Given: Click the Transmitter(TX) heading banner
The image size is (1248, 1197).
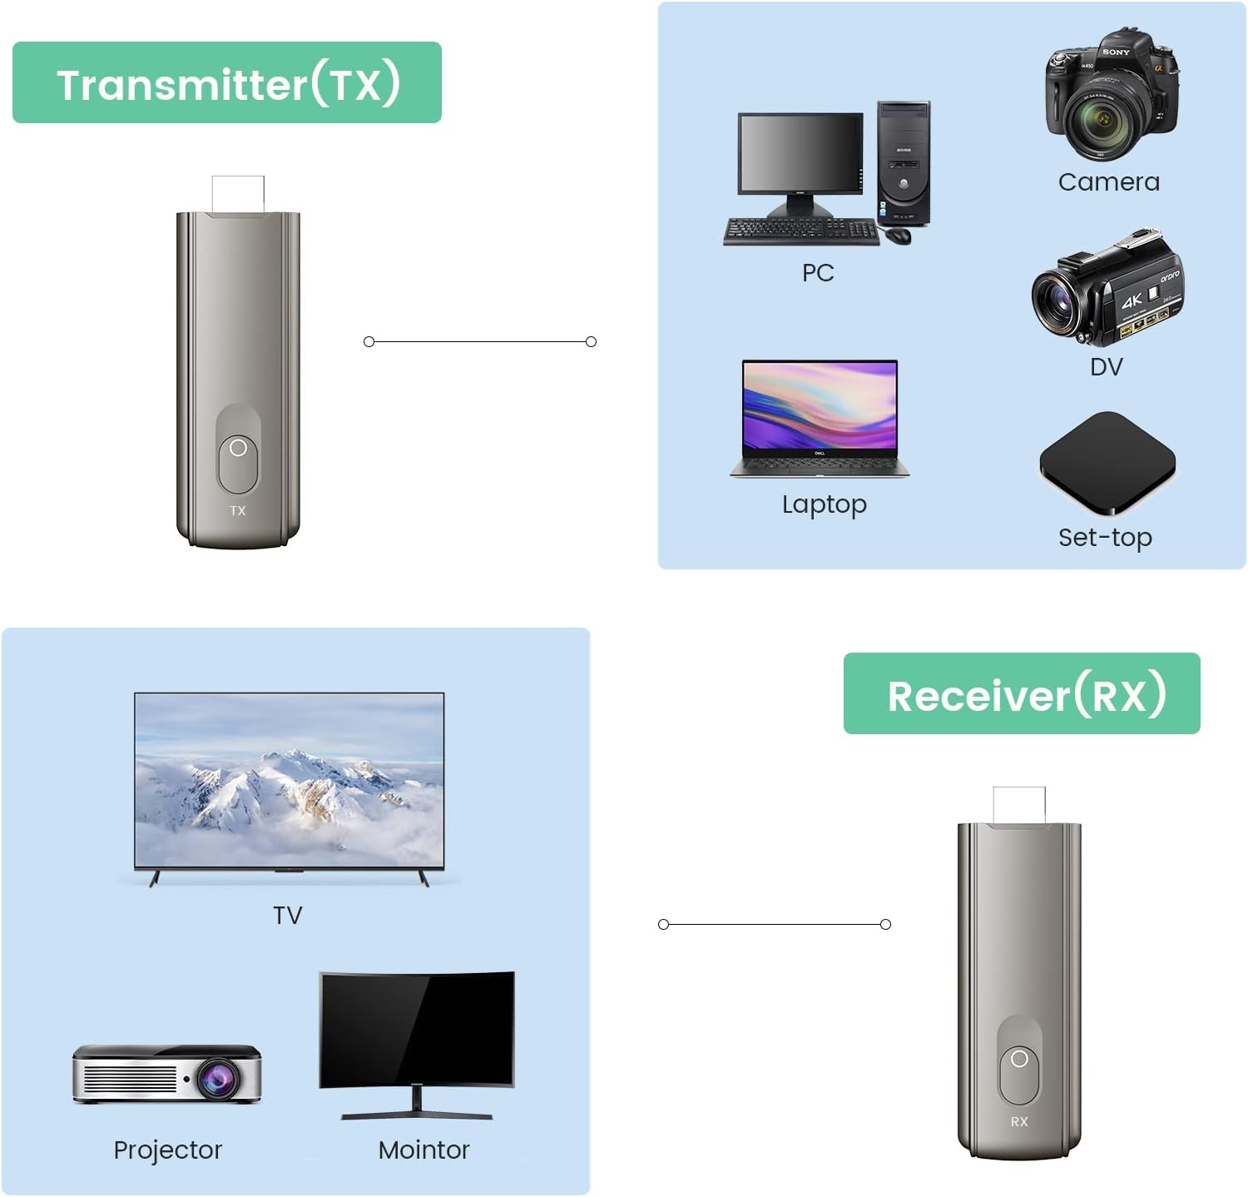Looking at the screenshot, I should click(227, 83).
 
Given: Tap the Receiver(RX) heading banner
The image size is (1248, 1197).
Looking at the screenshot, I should click(1022, 694).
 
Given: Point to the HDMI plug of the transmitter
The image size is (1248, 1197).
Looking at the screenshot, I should click(238, 195).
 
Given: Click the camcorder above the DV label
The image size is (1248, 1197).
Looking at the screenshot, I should click(1107, 291).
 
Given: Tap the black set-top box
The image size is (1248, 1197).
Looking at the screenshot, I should click(1107, 462).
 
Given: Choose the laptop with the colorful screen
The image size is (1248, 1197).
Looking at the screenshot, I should click(820, 418).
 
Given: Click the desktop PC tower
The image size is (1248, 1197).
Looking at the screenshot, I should click(904, 163).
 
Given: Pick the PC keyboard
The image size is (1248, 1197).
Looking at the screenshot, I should click(800, 231).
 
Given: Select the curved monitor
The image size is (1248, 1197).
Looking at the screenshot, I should click(417, 1036).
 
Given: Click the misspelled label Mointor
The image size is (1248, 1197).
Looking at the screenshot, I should click(423, 1150).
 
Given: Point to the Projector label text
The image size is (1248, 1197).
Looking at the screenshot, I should click(168, 1150).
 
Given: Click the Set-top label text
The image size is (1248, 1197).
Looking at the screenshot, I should click(1105, 538).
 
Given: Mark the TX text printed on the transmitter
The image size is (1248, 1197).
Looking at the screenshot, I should click(238, 511).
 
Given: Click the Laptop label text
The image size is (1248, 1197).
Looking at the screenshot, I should click(825, 504).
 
